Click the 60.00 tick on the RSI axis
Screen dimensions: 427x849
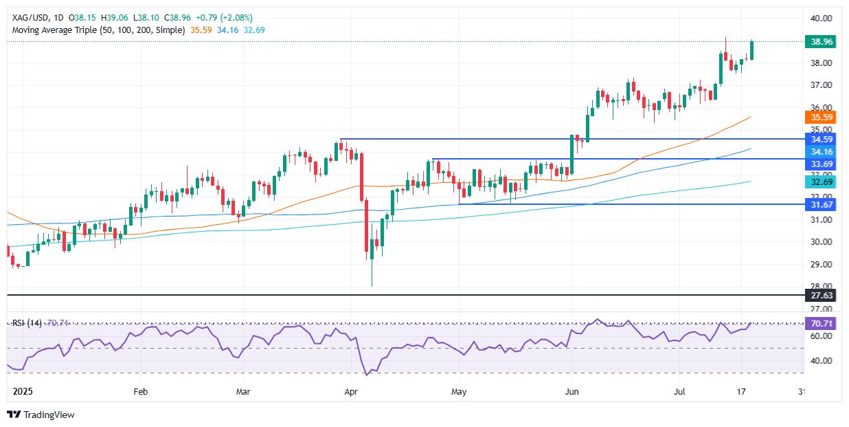click(x=822, y=336)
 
